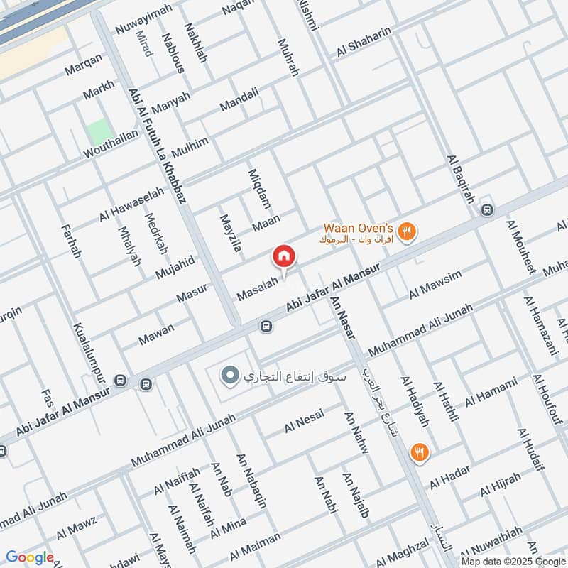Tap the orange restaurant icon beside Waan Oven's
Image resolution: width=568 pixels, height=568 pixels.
[408, 231]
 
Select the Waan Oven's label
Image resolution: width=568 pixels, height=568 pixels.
[359, 228]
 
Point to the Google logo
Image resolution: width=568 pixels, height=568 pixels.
[30, 557]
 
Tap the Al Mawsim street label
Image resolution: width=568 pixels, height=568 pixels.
[435, 284]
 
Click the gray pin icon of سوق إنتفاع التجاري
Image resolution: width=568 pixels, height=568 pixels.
[229, 376]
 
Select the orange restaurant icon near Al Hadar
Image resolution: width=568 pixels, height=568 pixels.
[420, 452]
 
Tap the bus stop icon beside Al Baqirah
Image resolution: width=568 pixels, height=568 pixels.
[487, 210]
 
